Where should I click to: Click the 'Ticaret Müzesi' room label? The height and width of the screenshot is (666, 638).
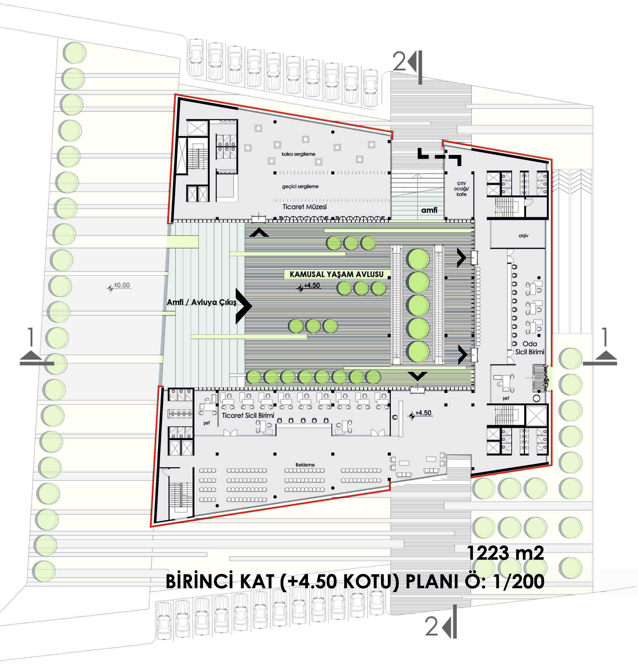[304, 207]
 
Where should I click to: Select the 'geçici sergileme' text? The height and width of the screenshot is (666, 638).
[300, 187]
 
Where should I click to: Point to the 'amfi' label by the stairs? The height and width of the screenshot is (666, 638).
[429, 210]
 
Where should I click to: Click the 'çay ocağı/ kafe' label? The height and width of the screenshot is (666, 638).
[461, 189]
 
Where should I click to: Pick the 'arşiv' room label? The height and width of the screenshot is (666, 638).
[523, 236]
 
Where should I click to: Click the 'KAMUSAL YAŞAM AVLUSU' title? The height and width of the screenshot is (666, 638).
[336, 274]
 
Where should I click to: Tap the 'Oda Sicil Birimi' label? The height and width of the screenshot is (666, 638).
[530, 348]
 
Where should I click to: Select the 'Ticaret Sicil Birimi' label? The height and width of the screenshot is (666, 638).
[248, 415]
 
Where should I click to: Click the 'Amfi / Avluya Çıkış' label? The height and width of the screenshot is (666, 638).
[201, 302]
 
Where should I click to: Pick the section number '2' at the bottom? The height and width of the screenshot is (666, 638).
[432, 626]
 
